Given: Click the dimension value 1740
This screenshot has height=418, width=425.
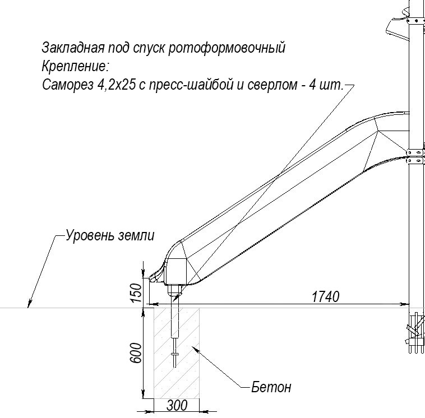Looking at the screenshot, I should click(325, 297).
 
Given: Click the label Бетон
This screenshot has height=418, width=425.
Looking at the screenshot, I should click(272, 387).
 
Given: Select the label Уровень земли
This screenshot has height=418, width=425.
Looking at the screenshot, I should click(109, 235).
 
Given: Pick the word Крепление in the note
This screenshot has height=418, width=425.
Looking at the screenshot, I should click(74, 66).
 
